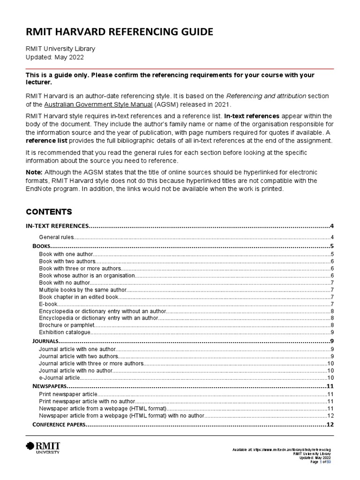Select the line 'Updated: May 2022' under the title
[54, 57]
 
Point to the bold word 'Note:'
[34, 173]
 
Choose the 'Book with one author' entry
[67, 254]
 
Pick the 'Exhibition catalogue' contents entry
[64, 332]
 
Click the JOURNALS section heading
[45, 341]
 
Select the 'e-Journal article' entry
[60, 377]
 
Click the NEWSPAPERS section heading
[50, 386]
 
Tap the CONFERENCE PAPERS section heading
[59, 425]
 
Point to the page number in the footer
[323, 462]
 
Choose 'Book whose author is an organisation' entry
[87, 275]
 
